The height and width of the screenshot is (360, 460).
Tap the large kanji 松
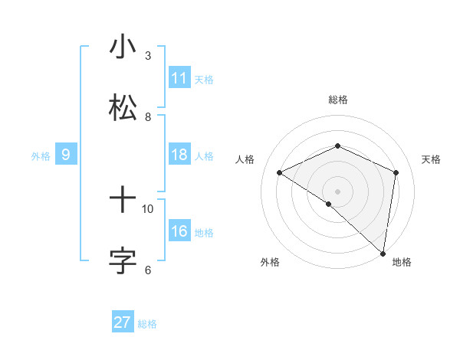[x=123, y=107]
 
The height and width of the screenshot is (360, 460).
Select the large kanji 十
[x=123, y=201]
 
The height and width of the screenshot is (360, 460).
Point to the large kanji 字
[x=123, y=260]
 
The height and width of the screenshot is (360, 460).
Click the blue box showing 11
[x=179, y=78]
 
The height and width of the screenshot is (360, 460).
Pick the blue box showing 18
[x=179, y=155]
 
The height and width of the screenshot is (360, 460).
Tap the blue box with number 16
[x=179, y=231]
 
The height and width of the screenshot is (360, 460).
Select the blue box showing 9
[x=66, y=155]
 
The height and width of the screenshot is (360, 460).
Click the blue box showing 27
[x=123, y=322]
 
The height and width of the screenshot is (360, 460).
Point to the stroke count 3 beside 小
[x=148, y=56]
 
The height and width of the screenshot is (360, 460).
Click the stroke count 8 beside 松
[x=148, y=117]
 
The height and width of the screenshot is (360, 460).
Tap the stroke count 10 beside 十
[x=148, y=208]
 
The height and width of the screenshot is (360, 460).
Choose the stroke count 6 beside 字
[x=148, y=270]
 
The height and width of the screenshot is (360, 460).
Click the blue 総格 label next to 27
[x=147, y=324]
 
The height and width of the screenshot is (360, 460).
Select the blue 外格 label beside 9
[x=41, y=156]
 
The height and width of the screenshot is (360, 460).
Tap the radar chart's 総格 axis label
[x=338, y=100]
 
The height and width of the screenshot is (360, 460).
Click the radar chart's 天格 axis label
[x=432, y=159]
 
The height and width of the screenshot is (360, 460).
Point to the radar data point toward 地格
[x=383, y=252]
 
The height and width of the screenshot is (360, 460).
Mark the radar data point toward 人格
[x=280, y=172]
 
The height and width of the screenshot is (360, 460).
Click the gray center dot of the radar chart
[x=337, y=191]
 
